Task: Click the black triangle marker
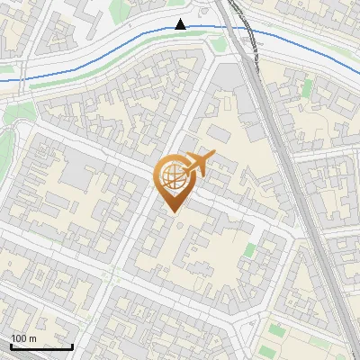(x=181, y=24)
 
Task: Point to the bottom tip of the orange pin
(x=171, y=213)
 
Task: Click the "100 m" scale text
(x=24, y=338)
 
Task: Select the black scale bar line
(x=40, y=346)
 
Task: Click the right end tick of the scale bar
(x=72, y=345)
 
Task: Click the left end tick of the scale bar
(x=10, y=345)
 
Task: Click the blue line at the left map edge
(x=3, y=81)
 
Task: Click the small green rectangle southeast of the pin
(x=249, y=250)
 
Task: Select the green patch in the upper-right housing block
(x=308, y=87)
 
